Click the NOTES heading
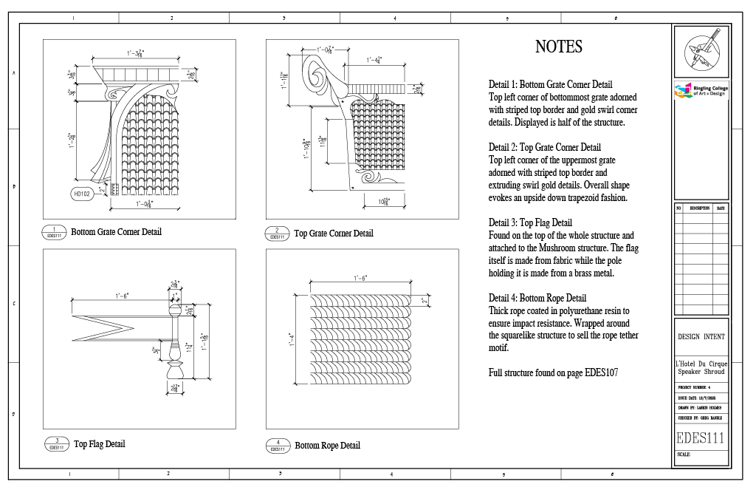pos(558,47)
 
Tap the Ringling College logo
pos(700,91)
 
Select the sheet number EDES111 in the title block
pos(700,438)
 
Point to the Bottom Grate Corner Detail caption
pos(116,232)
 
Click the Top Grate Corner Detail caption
pos(334,234)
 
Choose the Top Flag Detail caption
pos(100,444)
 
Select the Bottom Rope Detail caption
pos(327,446)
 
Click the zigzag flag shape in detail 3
pos(103,326)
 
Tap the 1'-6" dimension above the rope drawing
pos(361,278)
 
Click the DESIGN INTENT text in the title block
pos(701,336)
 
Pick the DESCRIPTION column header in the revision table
pos(698,208)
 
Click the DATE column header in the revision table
pos(721,208)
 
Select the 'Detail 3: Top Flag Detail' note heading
pos(530,222)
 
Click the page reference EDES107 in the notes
pos(601,373)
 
